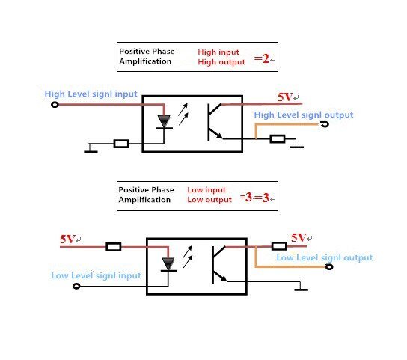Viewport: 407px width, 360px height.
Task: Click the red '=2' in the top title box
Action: click(262, 58)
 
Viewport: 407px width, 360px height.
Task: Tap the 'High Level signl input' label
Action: click(91, 94)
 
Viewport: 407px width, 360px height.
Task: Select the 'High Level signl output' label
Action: click(304, 115)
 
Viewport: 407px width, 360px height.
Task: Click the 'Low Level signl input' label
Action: click(96, 275)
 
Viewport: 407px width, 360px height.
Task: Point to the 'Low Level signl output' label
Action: click(325, 257)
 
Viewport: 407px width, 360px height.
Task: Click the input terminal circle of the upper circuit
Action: click(55, 105)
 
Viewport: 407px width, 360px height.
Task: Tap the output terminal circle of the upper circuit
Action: click(325, 124)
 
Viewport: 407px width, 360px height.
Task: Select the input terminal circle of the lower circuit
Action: click(76, 286)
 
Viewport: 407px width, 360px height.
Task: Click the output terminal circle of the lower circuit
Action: click(329, 266)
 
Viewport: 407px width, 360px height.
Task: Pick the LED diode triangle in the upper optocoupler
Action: click(164, 121)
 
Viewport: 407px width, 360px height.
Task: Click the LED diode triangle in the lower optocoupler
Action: click(168, 264)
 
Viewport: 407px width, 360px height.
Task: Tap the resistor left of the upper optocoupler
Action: click(121, 144)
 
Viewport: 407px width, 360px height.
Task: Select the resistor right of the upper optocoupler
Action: click(278, 138)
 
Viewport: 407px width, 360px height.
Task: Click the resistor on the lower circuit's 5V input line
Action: click(114, 247)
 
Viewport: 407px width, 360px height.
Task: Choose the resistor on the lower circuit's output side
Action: click(279, 246)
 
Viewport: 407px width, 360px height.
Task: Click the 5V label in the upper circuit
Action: click(285, 97)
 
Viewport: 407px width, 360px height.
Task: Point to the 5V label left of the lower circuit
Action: click(67, 239)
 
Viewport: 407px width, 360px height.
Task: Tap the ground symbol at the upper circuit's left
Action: click(91, 149)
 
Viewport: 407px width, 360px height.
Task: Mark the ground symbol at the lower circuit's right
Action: click(301, 287)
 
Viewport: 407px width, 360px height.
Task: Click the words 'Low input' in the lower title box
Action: click(206, 190)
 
